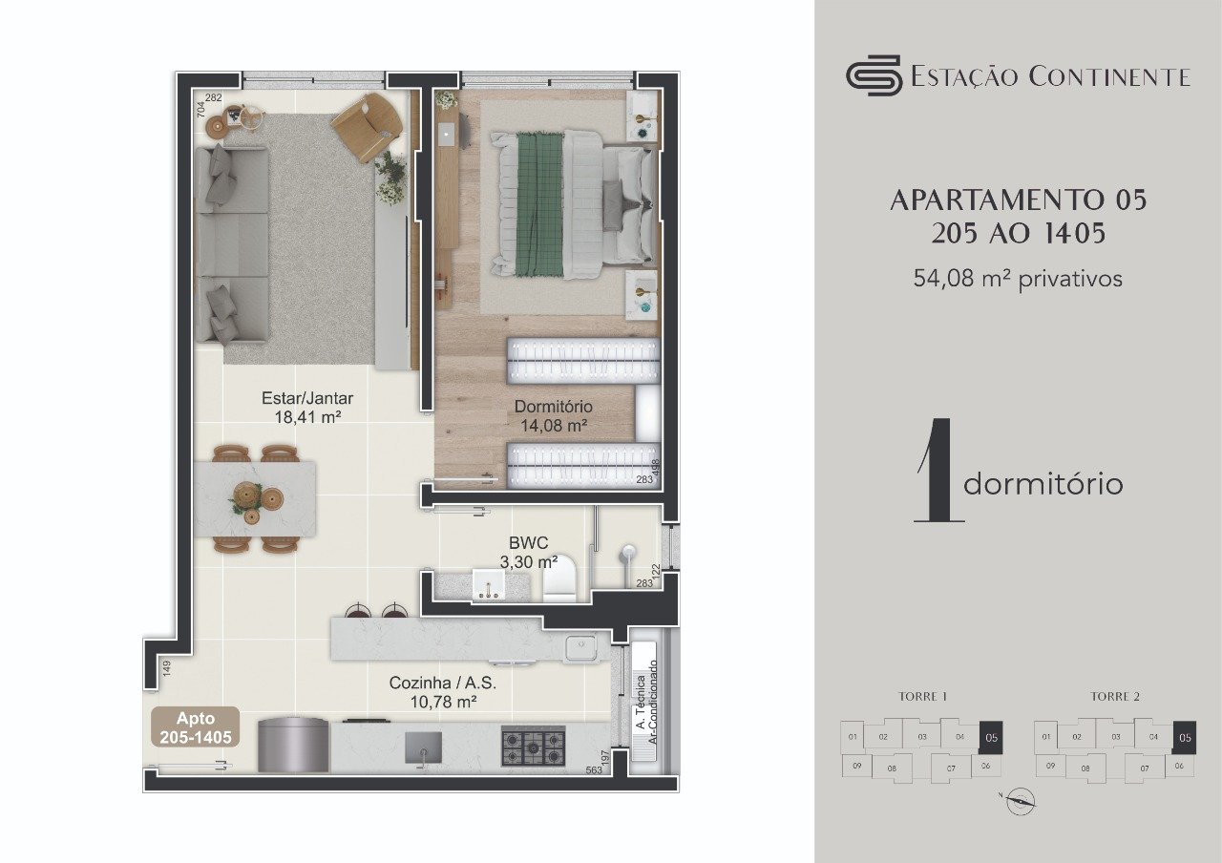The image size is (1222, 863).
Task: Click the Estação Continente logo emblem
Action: pyautogui.click(x=874, y=75)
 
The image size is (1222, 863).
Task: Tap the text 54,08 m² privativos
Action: pyautogui.click(x=1018, y=279)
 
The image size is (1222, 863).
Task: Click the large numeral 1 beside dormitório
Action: pyautogui.click(x=936, y=471)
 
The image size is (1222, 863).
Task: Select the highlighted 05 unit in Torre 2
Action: pyautogui.click(x=1185, y=737)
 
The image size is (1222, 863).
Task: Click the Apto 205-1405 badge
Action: pyautogui.click(x=195, y=727)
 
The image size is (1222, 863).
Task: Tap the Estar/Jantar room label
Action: pyautogui.click(x=302, y=408)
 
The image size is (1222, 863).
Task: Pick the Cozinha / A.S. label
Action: pyautogui.click(x=442, y=692)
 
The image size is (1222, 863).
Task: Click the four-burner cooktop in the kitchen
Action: pyautogui.click(x=534, y=746)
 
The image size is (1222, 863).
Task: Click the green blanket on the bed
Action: pyautogui.click(x=539, y=204)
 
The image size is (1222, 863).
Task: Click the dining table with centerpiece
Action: pyautogui.click(x=255, y=499)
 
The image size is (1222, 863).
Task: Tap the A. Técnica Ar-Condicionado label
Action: pyautogui.click(x=646, y=703)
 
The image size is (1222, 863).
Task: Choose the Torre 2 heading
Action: pyautogui.click(x=1115, y=697)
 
